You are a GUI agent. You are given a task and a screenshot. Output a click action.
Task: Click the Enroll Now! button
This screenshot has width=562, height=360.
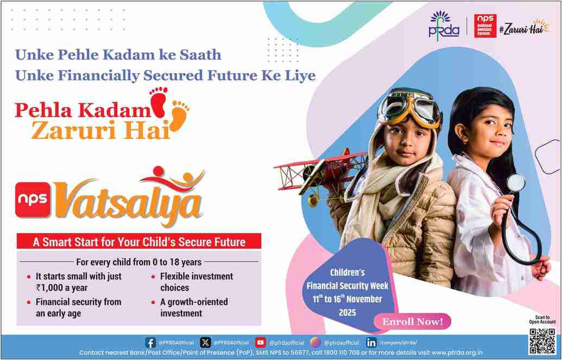point(412,321)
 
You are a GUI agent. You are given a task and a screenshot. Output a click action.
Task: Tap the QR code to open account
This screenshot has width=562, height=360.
point(542,340)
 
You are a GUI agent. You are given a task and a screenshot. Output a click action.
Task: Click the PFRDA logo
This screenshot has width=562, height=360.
point(444,25)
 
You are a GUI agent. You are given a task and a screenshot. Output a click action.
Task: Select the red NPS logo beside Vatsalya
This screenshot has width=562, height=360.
point(33,199)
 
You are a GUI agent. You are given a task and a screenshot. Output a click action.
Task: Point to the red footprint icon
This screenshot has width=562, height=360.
point(159,102)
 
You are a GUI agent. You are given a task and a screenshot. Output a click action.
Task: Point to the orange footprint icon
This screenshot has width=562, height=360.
point(179,115)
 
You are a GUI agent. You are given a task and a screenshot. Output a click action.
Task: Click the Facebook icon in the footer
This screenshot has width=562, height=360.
point(150,343)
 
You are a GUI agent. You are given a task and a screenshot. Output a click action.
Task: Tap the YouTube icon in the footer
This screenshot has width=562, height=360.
point(261,343)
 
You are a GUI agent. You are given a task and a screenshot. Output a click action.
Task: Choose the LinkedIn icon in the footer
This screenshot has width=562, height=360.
point(371,343)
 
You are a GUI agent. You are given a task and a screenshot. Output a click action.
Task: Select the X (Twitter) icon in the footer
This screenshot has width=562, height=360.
point(205,343)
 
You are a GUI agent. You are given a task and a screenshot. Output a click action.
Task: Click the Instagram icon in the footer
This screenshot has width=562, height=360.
point(315,343)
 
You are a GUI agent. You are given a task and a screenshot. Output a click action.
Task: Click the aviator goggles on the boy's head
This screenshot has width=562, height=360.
point(409,107)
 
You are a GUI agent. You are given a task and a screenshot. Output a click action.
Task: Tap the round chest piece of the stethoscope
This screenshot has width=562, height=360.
point(516,182)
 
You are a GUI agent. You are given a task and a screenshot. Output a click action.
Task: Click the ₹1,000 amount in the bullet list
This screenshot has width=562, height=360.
point(49,288)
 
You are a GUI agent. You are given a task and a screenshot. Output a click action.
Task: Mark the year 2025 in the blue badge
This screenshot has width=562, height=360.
point(348,312)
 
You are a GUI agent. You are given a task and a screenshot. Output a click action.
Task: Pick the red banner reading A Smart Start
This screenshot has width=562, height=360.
point(138,241)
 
